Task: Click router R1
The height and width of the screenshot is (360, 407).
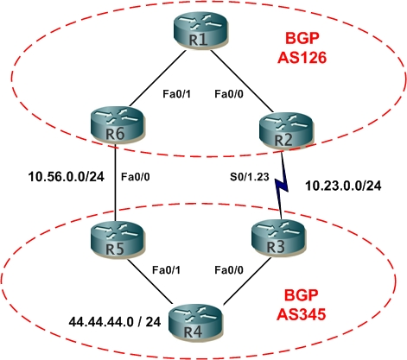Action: coord(200,31)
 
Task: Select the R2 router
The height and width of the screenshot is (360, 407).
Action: coord(285,131)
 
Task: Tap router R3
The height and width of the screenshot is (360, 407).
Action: coord(277,238)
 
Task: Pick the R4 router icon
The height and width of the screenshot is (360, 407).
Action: coord(195,323)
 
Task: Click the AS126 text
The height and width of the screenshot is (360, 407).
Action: coord(302,58)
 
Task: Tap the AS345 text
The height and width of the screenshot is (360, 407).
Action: coord(301,314)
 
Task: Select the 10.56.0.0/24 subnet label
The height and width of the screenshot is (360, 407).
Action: coord(67,177)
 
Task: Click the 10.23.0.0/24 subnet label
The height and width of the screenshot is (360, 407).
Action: coord(343,186)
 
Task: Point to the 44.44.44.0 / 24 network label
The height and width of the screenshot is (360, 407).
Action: coord(115,321)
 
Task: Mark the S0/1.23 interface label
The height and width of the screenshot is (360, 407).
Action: coord(250,177)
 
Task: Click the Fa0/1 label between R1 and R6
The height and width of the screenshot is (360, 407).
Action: coord(176,94)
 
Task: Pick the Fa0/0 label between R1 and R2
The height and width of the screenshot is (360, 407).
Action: coord(229,94)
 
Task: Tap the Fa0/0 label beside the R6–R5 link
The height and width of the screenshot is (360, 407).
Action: coord(136,177)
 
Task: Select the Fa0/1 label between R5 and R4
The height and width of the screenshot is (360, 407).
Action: coord(166,270)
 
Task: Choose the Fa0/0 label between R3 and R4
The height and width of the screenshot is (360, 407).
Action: coord(229,270)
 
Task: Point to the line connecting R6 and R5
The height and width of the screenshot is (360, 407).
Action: coord(115,183)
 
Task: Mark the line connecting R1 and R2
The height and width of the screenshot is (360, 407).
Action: coord(242,81)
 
